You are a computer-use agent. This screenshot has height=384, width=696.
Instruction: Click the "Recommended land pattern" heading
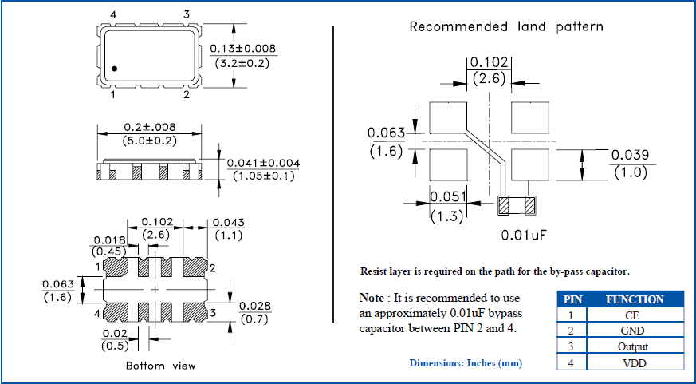click(506, 26)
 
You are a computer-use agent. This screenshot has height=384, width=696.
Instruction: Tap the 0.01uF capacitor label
click(522, 235)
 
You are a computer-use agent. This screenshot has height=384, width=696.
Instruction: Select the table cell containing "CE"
click(632, 315)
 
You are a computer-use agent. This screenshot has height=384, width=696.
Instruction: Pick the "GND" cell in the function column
click(632, 331)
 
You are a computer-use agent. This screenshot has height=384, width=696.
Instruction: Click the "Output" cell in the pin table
click(632, 347)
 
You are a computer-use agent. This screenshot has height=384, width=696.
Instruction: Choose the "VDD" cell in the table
click(632, 363)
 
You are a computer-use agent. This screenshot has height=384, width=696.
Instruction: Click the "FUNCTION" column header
click(635, 299)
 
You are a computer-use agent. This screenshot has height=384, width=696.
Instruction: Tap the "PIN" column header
click(572, 299)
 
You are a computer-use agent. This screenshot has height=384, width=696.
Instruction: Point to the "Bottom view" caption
click(160, 366)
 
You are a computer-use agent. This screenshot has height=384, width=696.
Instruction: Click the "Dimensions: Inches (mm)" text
click(466, 363)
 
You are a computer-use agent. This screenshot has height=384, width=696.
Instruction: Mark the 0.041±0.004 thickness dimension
click(263, 163)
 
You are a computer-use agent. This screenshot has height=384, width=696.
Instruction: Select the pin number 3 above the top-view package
click(187, 15)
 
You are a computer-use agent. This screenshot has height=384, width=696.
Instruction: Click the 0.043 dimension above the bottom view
click(230, 222)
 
